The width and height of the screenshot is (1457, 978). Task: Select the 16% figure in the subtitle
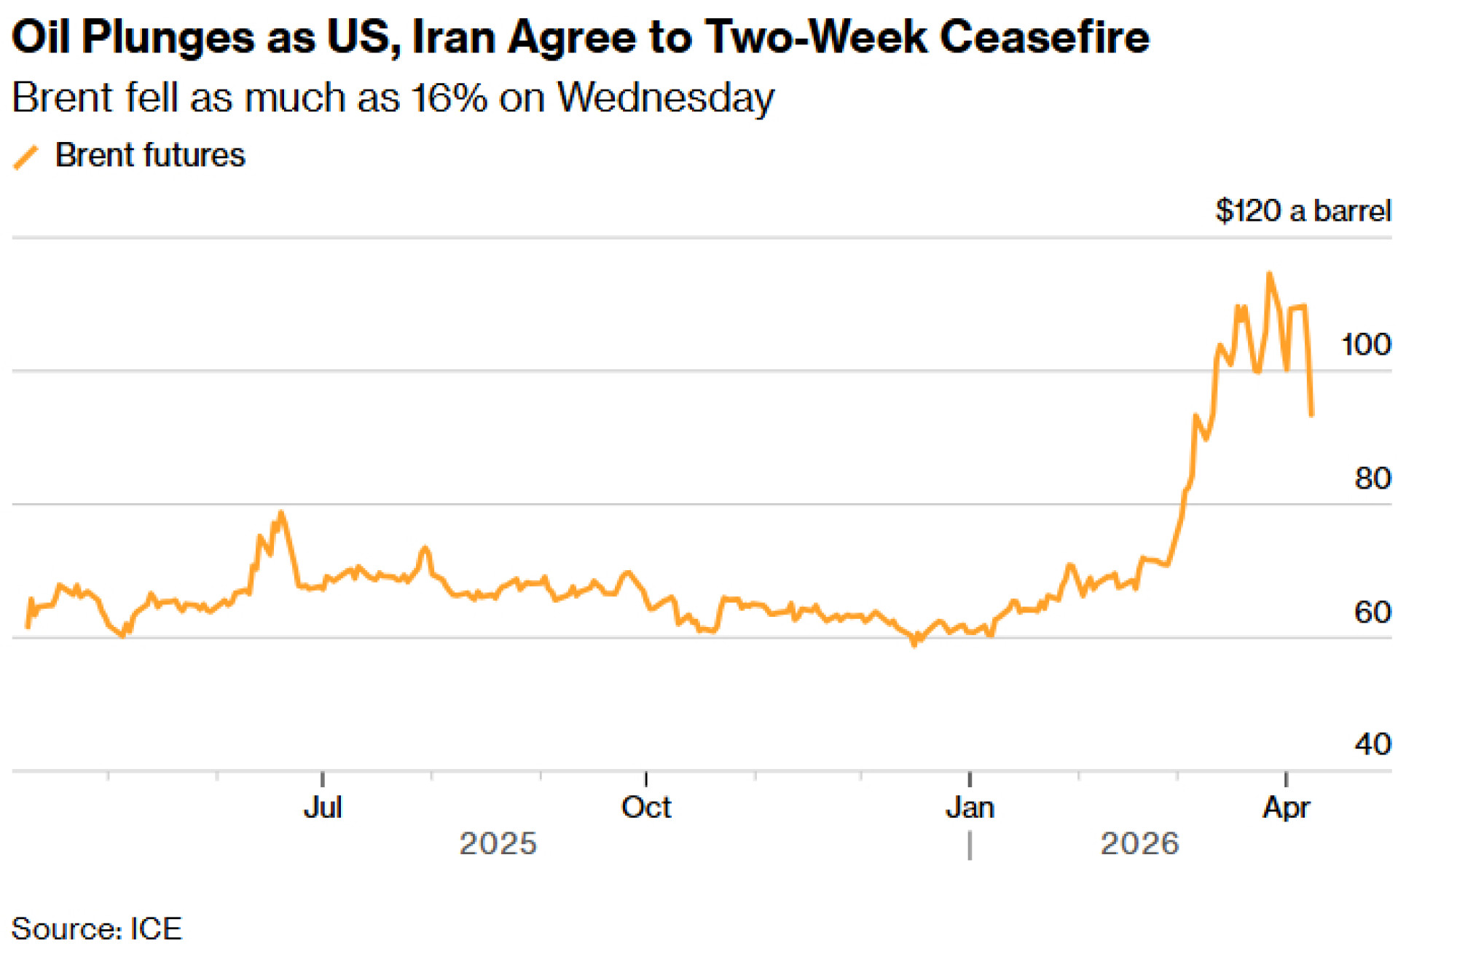[x=449, y=98]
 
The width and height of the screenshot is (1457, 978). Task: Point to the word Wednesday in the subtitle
[x=665, y=98]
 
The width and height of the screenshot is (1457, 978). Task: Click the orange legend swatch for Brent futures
[x=25, y=157]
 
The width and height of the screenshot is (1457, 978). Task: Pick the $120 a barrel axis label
[x=1303, y=211]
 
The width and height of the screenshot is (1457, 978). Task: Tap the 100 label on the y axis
[x=1366, y=344]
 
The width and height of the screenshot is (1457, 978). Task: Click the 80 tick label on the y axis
[x=1372, y=478]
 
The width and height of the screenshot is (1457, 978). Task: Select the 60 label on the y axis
[x=1372, y=612]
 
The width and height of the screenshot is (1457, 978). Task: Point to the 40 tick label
[x=1372, y=744]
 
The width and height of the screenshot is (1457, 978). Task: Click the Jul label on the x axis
[x=323, y=808]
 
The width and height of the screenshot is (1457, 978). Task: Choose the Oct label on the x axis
[x=646, y=808]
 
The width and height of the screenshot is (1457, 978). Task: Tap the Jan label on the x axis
[x=970, y=808]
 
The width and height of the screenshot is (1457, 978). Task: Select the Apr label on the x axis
[x=1286, y=808]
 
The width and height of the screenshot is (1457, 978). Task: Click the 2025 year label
[x=498, y=844]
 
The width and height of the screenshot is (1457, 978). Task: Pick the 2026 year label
[x=1139, y=844]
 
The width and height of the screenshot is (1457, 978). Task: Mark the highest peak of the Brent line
[x=1269, y=274]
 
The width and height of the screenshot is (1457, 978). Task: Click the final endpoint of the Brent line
[x=1311, y=415]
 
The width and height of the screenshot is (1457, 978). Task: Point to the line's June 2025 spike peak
[x=280, y=513]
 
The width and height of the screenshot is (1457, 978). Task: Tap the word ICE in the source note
[x=156, y=929]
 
